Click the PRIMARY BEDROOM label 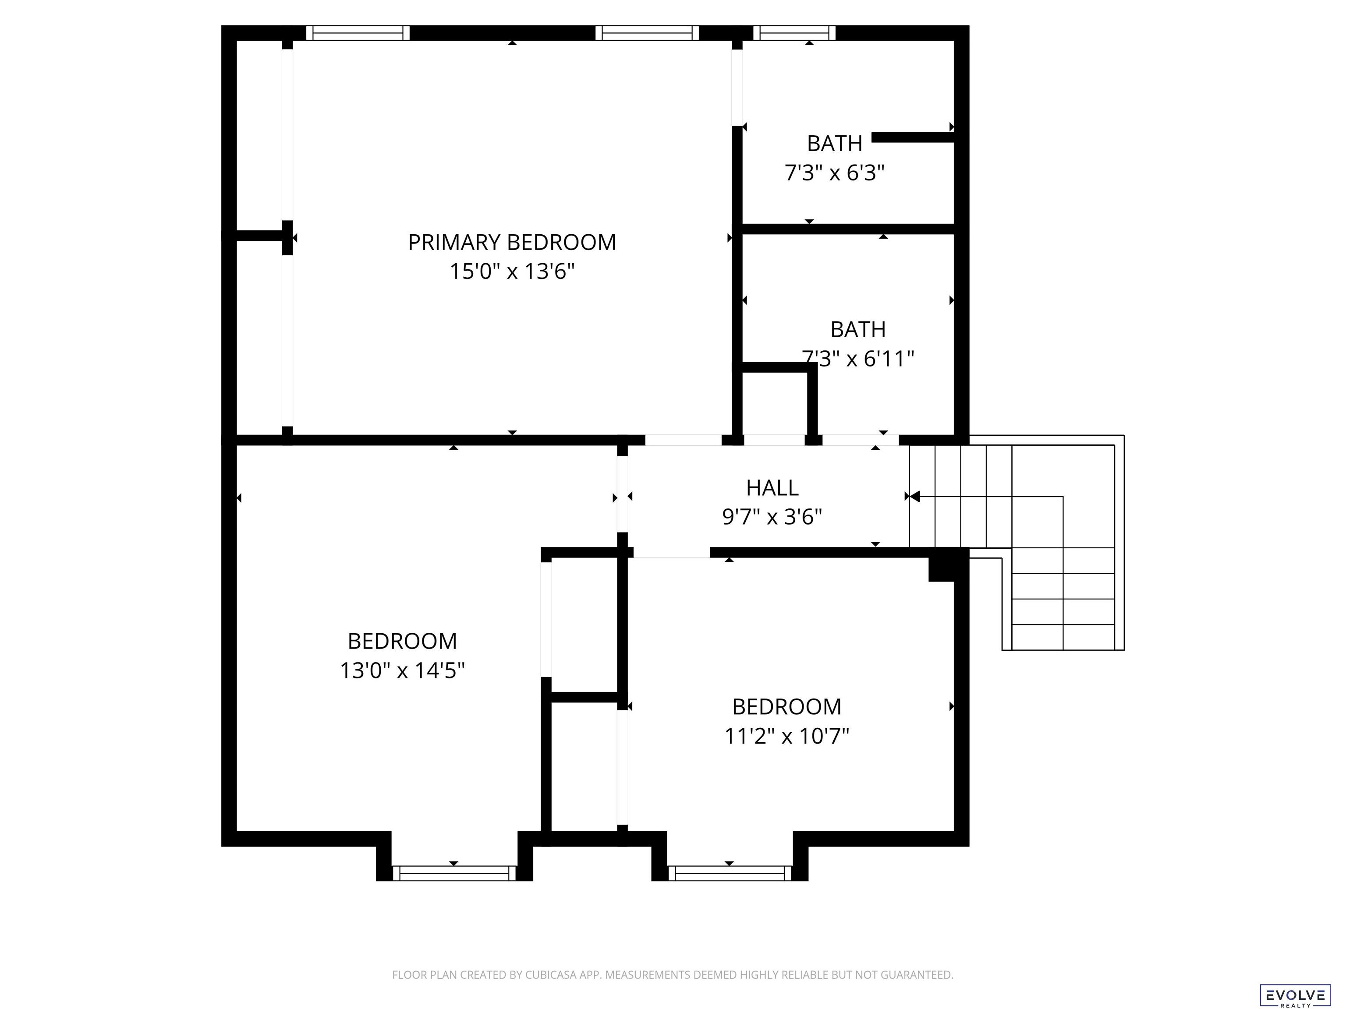[512, 242]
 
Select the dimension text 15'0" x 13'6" [512, 271]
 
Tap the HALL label [772, 488]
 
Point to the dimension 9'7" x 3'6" [772, 517]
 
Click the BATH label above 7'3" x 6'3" [834, 144]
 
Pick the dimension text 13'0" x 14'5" [402, 670]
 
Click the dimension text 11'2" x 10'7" [786, 736]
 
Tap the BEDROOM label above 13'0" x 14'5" [402, 641]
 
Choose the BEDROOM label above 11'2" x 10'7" [786, 707]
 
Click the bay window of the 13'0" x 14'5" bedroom [454, 873]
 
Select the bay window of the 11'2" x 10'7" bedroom [730, 873]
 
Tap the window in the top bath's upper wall [794, 33]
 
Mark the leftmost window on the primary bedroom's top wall [357, 33]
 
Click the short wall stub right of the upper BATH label [913, 138]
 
